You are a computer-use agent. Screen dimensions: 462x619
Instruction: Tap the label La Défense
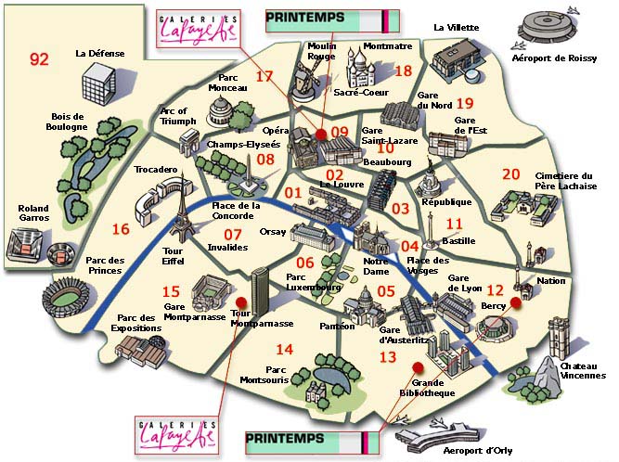pos(99,54)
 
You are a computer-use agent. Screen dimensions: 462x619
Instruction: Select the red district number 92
pos(38,59)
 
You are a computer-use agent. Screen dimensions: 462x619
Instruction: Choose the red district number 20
pos(510,173)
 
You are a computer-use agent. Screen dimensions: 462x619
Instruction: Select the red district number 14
pos(284,349)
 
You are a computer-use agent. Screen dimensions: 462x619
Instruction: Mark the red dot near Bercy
pos(515,302)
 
